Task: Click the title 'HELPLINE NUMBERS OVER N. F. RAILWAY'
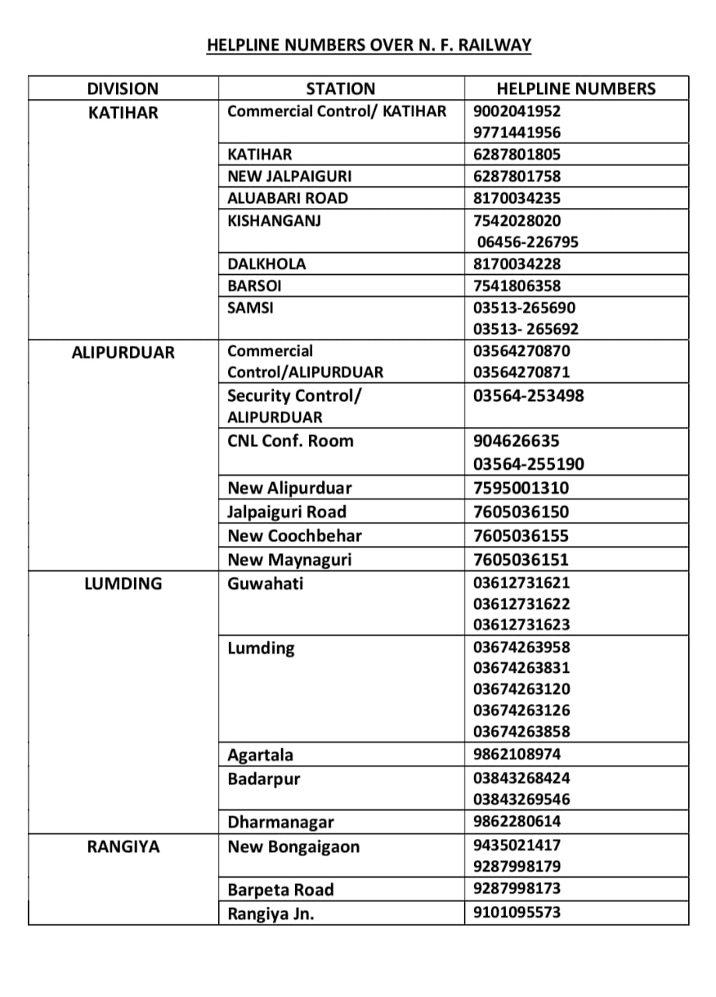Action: point(369,45)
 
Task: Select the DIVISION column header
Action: point(122,89)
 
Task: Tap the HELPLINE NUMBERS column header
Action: point(576,89)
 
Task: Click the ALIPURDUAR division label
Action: point(123,352)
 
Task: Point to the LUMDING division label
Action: point(123,583)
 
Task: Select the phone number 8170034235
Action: point(517,198)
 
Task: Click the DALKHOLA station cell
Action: point(267,264)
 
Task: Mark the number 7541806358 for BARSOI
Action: point(517,286)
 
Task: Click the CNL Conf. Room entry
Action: point(290,441)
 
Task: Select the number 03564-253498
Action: point(528,396)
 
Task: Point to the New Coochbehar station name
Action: point(294,536)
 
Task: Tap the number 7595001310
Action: point(521,488)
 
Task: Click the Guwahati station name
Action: point(265,583)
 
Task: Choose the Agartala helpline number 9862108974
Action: point(517,754)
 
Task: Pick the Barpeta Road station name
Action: point(280,890)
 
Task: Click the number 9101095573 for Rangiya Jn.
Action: point(517,912)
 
